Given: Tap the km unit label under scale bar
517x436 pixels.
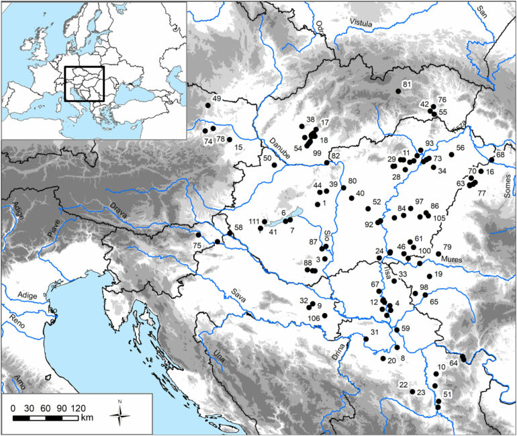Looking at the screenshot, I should point(87,418).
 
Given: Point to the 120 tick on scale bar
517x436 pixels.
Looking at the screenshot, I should point(78,408).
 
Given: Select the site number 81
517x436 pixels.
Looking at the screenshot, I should point(406,84).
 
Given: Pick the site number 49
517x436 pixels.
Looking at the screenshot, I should point(216,99).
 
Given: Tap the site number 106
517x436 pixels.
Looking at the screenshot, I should point(313,318).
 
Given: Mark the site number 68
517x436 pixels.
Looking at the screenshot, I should point(500,155).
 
